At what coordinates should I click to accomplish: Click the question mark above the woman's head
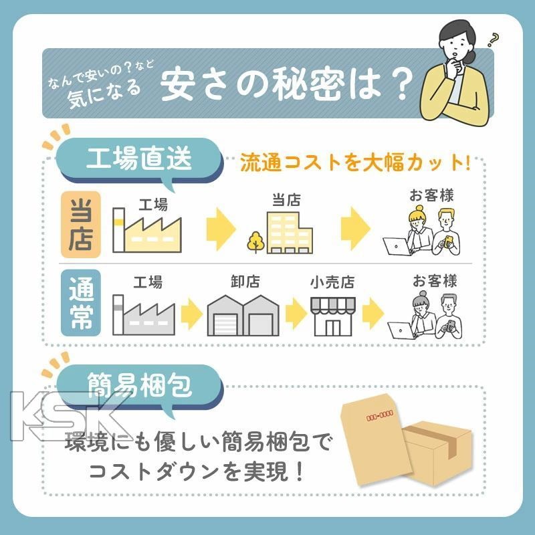[493, 39]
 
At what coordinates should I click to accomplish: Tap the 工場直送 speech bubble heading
[139, 159]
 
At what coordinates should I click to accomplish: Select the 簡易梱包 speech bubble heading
[139, 386]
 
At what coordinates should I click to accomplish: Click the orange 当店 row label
[81, 224]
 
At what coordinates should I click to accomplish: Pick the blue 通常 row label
[81, 303]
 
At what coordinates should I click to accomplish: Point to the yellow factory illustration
[147, 230]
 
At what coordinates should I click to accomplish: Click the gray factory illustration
[144, 314]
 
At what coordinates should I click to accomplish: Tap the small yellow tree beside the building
[255, 242]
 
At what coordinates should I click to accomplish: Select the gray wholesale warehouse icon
[243, 315]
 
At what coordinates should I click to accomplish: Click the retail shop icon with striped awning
[333, 316]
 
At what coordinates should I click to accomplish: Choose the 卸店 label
[245, 282]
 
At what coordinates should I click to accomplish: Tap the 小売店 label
[332, 282]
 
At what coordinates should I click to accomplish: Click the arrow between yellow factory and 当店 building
[221, 229]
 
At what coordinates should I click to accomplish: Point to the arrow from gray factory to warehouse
[192, 314]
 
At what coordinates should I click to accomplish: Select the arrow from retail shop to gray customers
[373, 314]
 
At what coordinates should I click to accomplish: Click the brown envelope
[374, 439]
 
